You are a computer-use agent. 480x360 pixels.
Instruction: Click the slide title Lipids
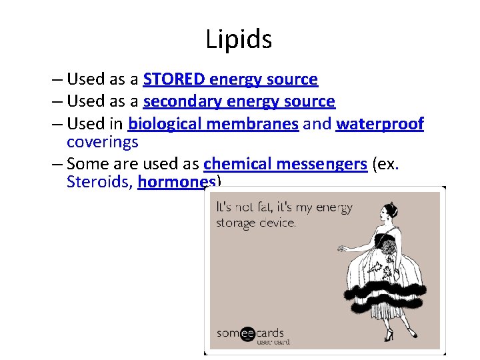pos(239,40)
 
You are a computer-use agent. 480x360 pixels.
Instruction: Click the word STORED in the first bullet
pos(175,79)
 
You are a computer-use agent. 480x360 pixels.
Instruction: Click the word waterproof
pos(380,124)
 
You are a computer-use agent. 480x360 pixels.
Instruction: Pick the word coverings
pos(103,142)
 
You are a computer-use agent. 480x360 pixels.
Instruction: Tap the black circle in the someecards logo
pos(247,333)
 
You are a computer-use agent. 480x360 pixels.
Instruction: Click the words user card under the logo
pos(273,342)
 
